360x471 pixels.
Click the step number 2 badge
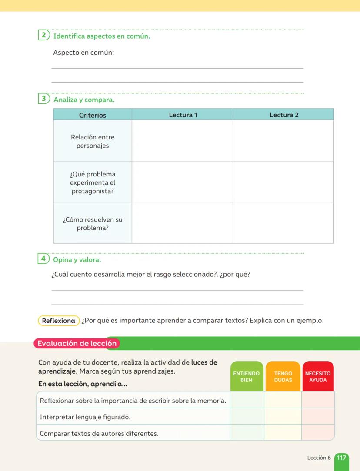[x=43, y=36]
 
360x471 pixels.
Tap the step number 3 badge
[x=43, y=99]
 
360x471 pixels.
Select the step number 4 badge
[x=43, y=259]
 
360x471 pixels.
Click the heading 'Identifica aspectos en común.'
[x=102, y=36]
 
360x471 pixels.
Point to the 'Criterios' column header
[x=93, y=115]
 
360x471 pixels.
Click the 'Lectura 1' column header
[x=183, y=115]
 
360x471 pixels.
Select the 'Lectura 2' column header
[x=283, y=115]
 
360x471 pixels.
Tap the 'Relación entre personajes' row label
[x=93, y=141]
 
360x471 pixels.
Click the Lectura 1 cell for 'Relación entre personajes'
[x=182, y=141]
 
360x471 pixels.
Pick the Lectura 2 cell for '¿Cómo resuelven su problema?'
[x=283, y=223]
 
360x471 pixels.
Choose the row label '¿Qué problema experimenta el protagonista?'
[x=93, y=182]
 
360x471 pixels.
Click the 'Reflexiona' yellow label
[x=59, y=321]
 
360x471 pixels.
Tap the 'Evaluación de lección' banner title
[x=77, y=343]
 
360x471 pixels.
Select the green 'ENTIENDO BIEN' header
[x=247, y=376]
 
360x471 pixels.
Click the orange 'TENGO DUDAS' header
[x=283, y=376]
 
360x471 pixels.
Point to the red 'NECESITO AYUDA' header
[x=318, y=376]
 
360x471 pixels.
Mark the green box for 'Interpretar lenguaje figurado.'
[x=247, y=417]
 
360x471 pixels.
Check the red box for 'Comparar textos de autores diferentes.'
[x=318, y=433]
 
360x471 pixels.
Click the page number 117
[x=342, y=458]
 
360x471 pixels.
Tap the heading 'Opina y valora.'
[x=77, y=260]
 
